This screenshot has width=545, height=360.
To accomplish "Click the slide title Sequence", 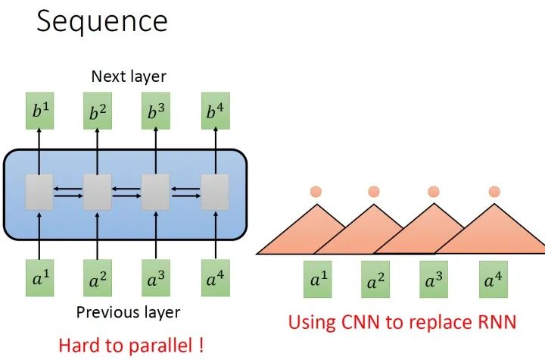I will click(x=101, y=20).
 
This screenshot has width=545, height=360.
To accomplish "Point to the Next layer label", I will click(x=128, y=76).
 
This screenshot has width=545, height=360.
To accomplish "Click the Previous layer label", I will click(x=128, y=312).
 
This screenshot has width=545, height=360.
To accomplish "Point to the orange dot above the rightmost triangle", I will click(x=494, y=191).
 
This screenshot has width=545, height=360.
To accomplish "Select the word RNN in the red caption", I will click(x=495, y=321).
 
